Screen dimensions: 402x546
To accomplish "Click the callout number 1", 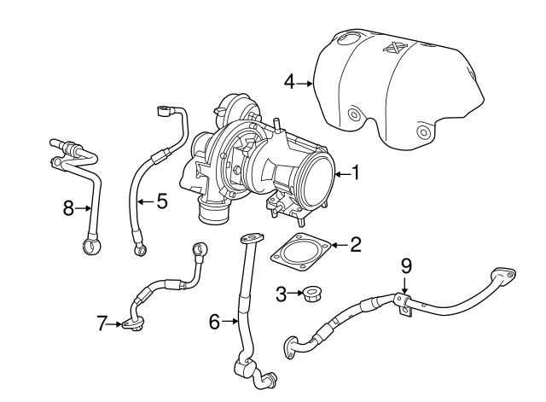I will tap(355, 173).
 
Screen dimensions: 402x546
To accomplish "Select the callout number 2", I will tap(355, 245).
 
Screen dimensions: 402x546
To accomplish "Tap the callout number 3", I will tap(281, 294).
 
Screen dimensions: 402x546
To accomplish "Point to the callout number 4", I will tap(289, 82).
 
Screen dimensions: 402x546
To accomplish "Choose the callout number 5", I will tap(161, 202).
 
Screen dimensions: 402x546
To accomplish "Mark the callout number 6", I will tap(214, 321).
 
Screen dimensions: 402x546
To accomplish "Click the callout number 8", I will tap(69, 207).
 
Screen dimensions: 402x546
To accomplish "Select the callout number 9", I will tap(406, 266).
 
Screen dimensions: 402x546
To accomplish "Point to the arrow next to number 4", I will tap(305, 82).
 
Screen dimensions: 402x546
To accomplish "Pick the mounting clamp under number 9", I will tap(406, 304).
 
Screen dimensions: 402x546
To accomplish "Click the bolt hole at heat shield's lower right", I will tap(422, 133).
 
